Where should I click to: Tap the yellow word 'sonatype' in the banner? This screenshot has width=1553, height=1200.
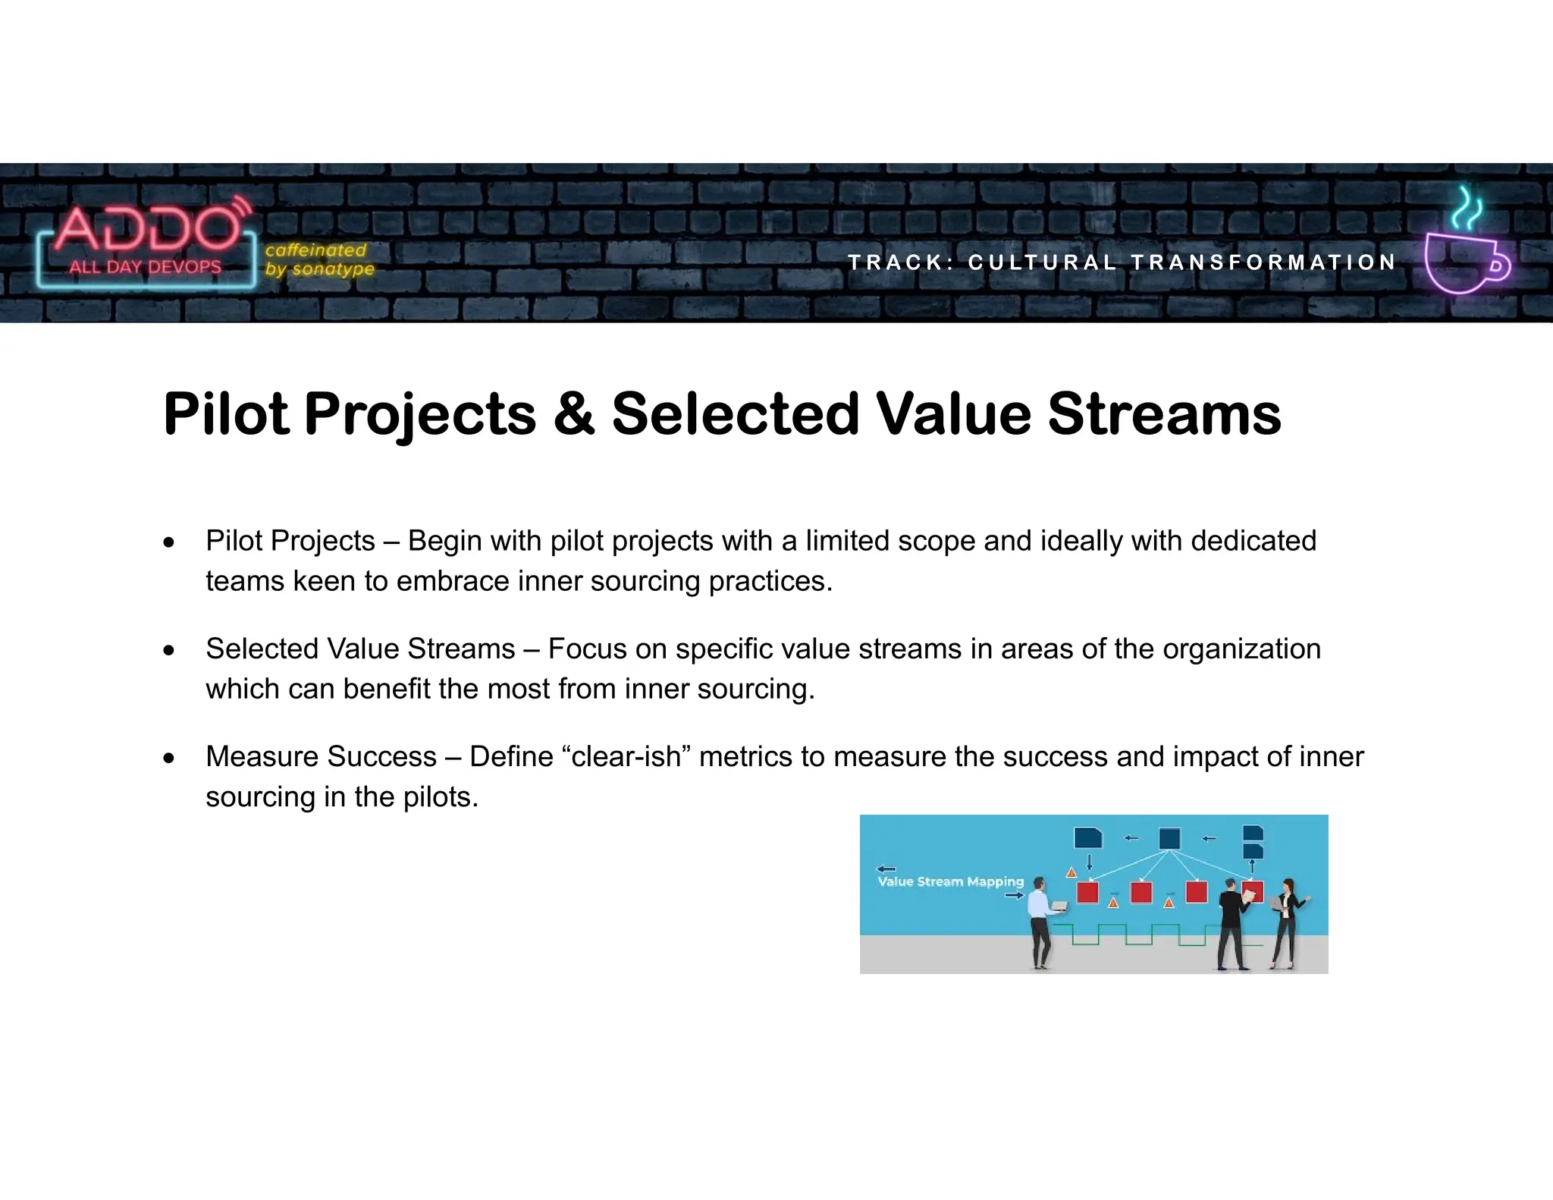pos(333,269)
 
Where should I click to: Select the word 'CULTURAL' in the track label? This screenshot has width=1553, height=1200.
pos(1042,262)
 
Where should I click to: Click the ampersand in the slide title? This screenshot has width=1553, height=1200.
pos(574,414)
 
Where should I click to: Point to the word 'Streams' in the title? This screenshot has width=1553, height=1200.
pos(1164,414)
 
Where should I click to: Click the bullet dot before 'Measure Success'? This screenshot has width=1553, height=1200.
pos(169,758)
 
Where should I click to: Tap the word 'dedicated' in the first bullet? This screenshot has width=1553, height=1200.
pos(1253,541)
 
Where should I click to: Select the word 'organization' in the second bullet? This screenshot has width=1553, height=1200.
pos(1241,649)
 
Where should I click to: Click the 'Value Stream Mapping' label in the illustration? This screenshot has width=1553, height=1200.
pos(950,881)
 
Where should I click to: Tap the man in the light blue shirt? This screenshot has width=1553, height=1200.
pos(1040,922)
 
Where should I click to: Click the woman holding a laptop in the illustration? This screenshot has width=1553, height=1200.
pos(1286,922)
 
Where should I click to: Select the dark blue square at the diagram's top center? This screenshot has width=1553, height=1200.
pos(1170,838)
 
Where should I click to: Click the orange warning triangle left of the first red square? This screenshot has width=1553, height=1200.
pos(1071,872)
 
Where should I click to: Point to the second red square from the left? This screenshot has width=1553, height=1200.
pos(1141,892)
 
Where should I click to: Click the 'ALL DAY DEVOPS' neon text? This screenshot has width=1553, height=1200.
pos(146,267)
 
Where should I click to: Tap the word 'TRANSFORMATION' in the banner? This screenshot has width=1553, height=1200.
pos(1263,262)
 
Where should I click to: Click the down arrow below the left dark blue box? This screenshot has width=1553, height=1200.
pos(1089,862)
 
